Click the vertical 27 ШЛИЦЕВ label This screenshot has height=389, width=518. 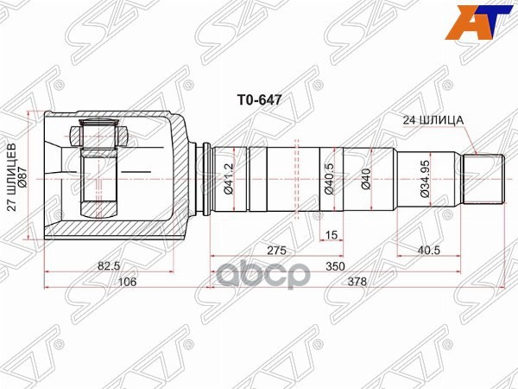(12, 178)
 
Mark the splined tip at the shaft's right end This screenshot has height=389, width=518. (485, 178)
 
